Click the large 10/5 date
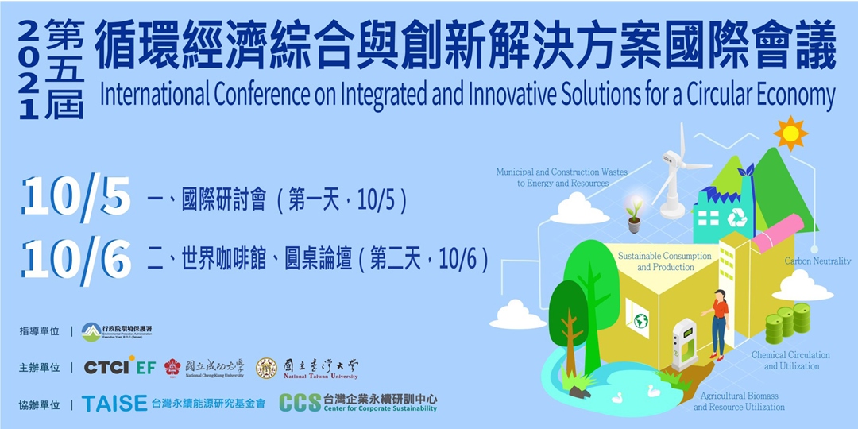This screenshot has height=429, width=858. [76, 196]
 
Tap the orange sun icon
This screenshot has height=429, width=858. [790, 133]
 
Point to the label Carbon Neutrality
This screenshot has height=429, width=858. [817, 261]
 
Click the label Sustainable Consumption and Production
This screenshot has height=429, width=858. [665, 261]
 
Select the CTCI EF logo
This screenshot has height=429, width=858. [120, 367]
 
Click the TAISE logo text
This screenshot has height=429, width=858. [114, 403]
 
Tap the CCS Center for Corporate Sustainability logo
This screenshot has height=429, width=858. [357, 403]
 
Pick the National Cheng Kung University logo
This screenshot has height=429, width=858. [204, 368]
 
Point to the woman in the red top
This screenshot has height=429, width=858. [718, 322]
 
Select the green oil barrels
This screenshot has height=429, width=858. [787, 322]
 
